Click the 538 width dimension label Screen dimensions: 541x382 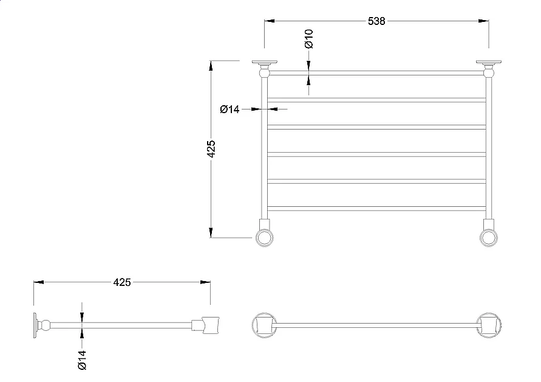point(376,21)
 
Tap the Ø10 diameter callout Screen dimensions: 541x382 point(309,39)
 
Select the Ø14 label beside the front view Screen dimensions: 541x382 point(230,109)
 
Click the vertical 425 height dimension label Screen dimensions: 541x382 point(211,148)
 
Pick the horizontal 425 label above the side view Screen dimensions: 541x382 point(122,282)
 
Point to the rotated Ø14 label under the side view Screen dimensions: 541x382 point(82,360)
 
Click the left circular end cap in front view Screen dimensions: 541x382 point(265,237)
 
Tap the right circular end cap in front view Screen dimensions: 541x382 point(489,237)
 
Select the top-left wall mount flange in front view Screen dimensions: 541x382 point(265,63)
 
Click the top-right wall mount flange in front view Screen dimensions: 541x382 point(489,63)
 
